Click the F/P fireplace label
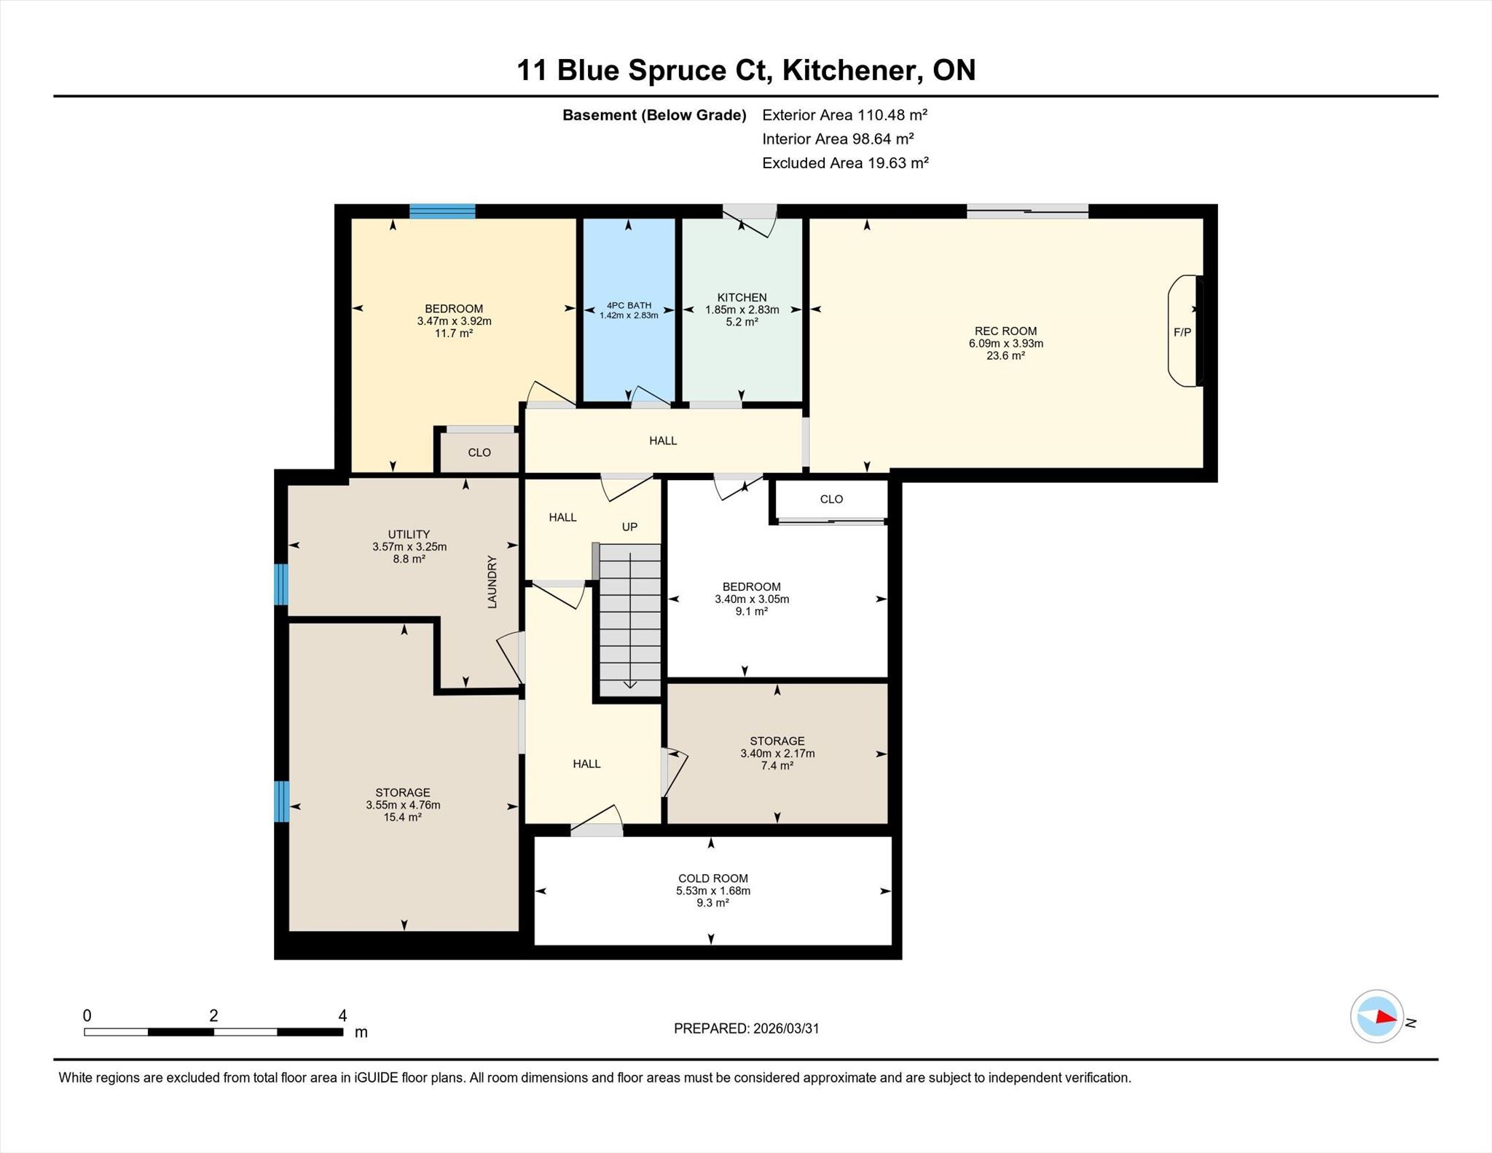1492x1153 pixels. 1182,332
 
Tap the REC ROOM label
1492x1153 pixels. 1005,331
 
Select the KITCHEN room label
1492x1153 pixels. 742,297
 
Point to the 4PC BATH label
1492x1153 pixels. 629,305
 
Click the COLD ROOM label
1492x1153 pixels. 712,878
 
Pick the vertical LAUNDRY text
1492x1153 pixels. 492,582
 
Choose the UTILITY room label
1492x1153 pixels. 409,534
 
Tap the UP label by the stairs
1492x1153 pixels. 629,527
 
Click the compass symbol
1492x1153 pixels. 1377,1016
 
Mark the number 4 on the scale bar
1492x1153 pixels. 342,1015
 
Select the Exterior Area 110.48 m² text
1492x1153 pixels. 844,114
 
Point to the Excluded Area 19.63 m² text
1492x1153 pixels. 845,162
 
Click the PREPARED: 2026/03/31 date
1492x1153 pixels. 746,1028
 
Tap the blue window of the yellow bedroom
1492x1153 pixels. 442,211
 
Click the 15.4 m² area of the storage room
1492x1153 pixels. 403,817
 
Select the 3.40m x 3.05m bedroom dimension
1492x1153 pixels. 752,599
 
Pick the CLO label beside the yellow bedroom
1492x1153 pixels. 479,452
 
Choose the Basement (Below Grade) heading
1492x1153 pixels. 654,115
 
